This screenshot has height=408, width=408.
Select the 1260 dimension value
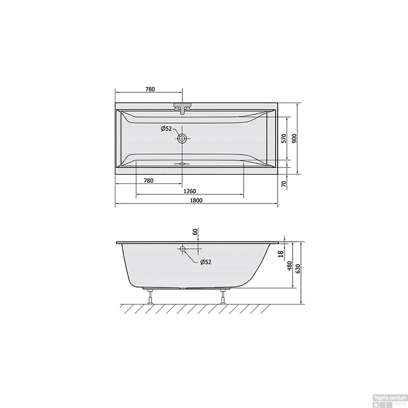tap(190, 191)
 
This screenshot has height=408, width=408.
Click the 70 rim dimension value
tap(284, 184)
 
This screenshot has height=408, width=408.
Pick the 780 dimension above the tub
tap(150, 89)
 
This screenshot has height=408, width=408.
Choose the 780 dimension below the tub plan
tap(149, 180)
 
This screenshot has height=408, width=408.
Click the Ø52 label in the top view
tap(166, 129)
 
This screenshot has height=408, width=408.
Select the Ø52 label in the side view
tap(206, 262)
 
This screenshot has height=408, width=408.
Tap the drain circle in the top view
tap(182, 138)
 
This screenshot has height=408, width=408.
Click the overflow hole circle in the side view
tap(182, 249)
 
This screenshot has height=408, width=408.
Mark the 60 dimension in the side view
tap(195, 232)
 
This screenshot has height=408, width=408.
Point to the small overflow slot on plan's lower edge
tap(182, 164)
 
